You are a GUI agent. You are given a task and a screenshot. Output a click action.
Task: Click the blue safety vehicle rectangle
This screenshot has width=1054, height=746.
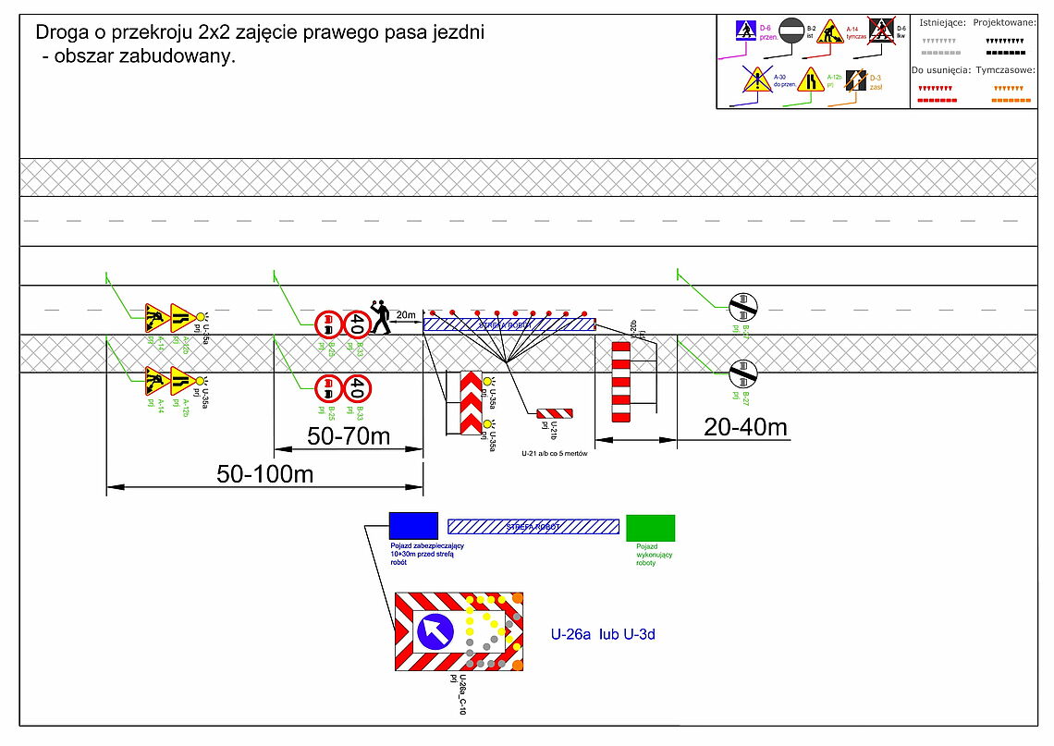[x=413, y=525]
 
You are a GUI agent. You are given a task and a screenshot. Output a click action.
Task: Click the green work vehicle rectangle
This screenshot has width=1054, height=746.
[x=650, y=528]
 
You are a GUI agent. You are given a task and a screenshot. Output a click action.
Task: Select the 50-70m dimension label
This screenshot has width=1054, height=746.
[x=348, y=435]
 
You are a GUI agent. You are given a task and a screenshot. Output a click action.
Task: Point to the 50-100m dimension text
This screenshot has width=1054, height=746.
[x=265, y=474]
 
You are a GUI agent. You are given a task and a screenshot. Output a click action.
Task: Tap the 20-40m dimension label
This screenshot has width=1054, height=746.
[x=745, y=426]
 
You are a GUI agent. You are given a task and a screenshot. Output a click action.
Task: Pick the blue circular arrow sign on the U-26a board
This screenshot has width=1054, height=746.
[x=435, y=631]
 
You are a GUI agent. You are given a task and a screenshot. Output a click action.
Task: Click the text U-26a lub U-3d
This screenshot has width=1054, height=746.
[x=603, y=635]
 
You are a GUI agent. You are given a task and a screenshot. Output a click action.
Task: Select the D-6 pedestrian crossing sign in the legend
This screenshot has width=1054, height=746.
[x=746, y=31]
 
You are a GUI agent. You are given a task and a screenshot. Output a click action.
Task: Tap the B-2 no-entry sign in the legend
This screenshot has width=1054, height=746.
[x=791, y=32]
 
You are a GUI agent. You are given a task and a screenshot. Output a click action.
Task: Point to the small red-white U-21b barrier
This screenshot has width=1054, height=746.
[x=556, y=413]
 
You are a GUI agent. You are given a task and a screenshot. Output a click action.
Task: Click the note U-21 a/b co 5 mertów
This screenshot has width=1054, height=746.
[x=555, y=454]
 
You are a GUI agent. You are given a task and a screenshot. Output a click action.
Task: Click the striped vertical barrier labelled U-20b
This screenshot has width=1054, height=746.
[x=620, y=380]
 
